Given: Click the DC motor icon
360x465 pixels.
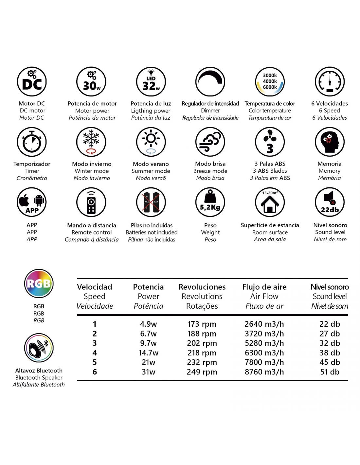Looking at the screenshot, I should (32, 82).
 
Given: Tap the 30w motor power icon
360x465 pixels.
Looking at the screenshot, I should (91, 82).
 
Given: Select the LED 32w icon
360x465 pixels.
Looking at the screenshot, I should (151, 82).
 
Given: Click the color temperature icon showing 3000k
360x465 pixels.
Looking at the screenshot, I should (270, 82).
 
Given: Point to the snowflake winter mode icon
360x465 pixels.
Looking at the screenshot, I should (91, 142).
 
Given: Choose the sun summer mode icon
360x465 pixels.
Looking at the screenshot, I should (151, 142).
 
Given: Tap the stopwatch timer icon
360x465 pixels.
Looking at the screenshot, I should (32, 142).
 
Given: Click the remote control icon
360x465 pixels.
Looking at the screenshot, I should (91, 202).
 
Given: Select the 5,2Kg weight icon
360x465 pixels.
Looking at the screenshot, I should (210, 202).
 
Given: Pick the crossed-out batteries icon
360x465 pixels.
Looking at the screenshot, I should (151, 202).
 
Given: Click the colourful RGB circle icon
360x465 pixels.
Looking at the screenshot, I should (39, 284).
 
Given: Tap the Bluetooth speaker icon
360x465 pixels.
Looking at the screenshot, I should (39, 348).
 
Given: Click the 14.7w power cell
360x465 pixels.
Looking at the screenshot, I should (148, 353).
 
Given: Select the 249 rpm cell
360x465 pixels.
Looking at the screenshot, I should (202, 372).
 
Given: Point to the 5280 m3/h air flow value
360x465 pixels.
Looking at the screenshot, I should (264, 343).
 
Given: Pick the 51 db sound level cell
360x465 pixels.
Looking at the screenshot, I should (330, 372).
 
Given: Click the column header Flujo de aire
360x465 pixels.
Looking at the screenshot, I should (264, 287).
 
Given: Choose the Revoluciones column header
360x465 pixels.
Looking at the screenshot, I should (202, 287).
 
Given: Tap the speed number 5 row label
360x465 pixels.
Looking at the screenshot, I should (95, 362).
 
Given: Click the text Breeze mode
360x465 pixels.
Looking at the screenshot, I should (210, 171).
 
